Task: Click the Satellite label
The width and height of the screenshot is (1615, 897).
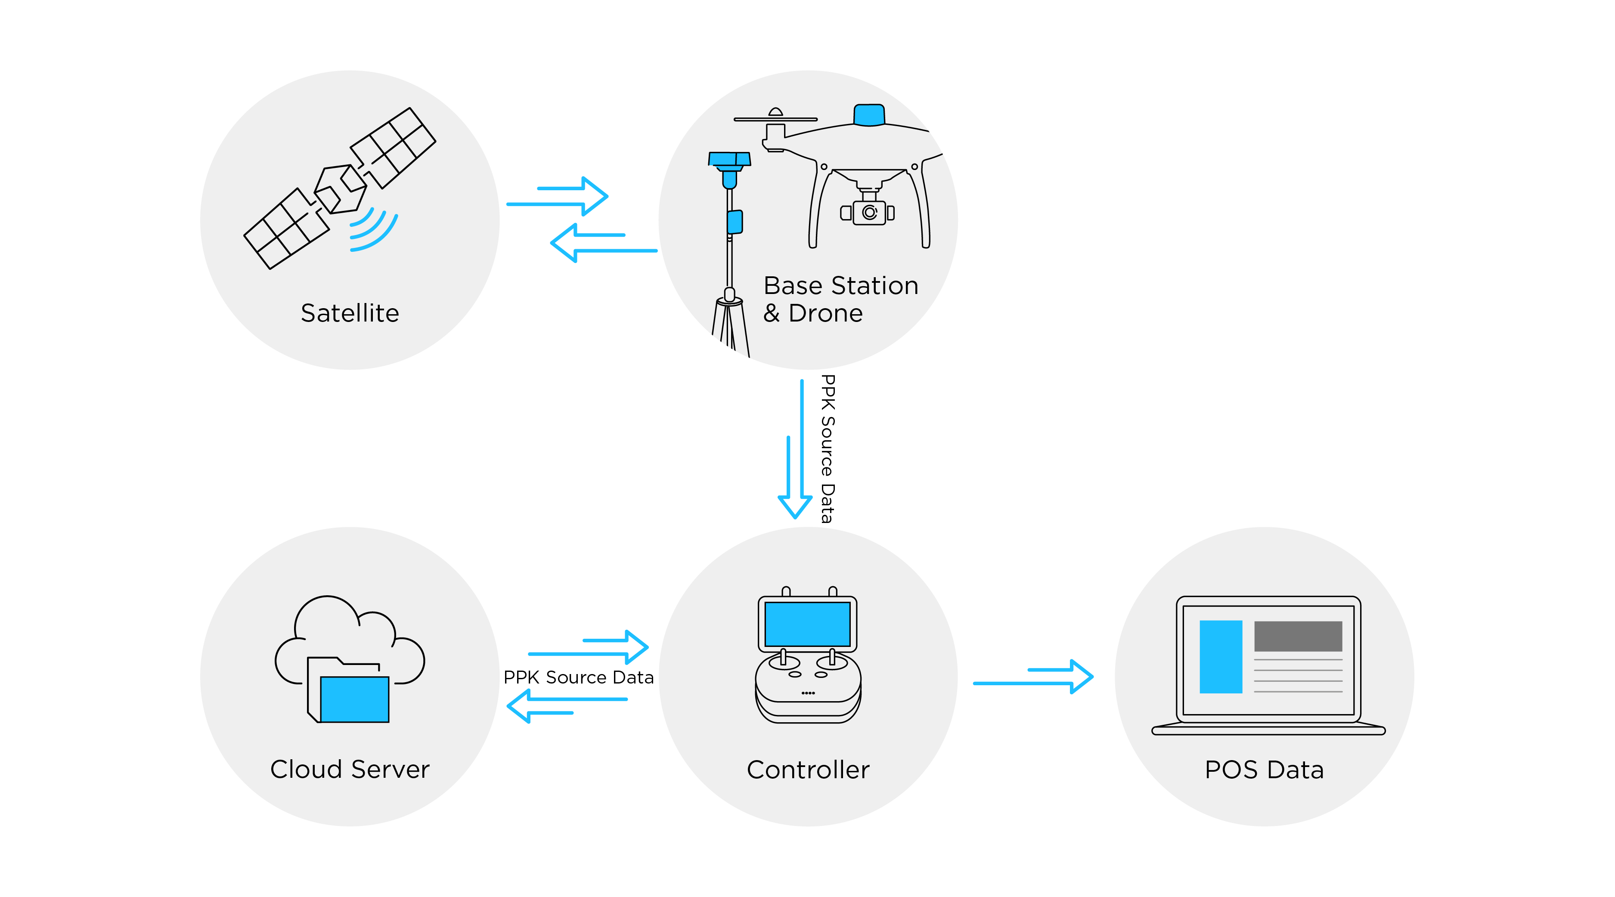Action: coord(350,313)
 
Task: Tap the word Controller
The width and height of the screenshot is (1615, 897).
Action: coord(808,769)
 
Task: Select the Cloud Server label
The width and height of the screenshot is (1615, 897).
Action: coord(350,769)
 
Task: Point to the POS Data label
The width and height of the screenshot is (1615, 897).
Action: coord(1264,769)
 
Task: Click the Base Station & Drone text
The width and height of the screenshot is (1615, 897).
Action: coord(840,299)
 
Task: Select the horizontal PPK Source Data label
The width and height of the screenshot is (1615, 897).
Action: coord(578,677)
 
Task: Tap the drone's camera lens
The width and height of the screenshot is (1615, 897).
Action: coord(869,213)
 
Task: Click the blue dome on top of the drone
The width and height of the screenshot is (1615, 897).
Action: coord(869,115)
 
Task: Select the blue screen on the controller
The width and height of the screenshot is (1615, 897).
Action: coord(808,624)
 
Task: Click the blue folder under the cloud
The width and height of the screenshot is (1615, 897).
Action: coord(355,699)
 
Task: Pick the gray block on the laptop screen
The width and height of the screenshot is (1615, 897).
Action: coord(1298,636)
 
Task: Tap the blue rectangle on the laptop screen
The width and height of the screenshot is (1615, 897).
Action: coord(1221,656)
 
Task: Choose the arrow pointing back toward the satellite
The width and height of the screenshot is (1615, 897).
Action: coord(602,243)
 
